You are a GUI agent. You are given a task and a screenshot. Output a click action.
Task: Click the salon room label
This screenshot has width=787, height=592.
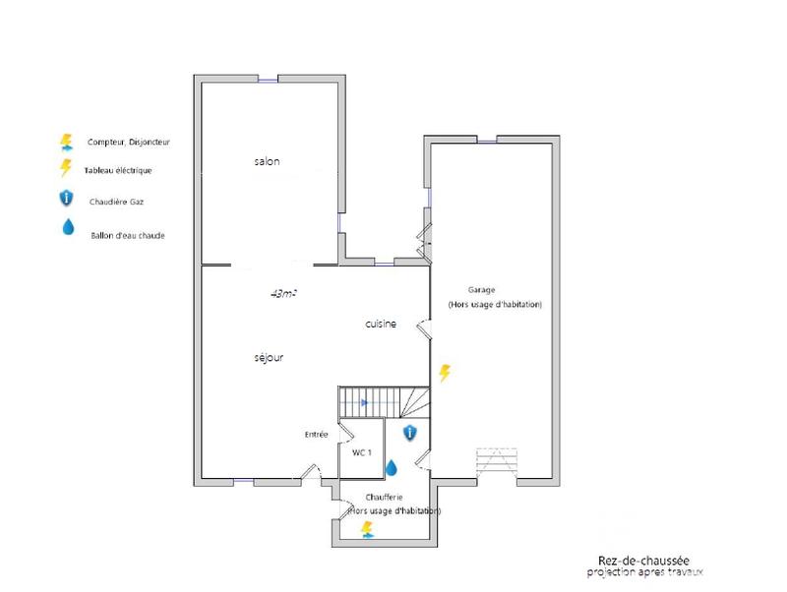tap(267, 161)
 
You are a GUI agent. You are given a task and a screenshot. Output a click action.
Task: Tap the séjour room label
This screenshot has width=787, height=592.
tap(269, 358)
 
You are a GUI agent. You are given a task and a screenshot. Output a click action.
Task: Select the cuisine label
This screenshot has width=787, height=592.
tap(381, 324)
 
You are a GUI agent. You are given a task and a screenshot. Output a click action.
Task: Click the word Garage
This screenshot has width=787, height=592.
tap(482, 290)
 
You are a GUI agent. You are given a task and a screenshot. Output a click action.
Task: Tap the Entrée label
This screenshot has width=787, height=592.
tap(317, 434)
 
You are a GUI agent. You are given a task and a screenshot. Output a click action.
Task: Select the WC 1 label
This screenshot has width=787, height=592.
tap(361, 452)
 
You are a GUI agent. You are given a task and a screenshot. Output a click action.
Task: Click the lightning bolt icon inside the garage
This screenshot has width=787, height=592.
tap(445, 373)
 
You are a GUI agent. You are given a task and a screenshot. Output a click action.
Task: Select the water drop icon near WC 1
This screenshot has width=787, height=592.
tap(391, 467)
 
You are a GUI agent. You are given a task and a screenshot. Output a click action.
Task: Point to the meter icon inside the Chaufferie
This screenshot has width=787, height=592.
tap(368, 530)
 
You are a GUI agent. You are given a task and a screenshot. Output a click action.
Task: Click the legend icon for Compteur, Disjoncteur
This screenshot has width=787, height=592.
tap(67, 142)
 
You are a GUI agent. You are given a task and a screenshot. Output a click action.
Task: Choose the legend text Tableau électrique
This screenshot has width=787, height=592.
tap(119, 170)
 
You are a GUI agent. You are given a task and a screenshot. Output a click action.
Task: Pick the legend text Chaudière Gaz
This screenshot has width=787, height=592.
tap(117, 201)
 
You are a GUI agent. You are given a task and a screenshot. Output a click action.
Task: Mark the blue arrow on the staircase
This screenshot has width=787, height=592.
tap(364, 402)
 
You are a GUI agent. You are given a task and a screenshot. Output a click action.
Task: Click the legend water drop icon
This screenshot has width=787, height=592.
tap(67, 228)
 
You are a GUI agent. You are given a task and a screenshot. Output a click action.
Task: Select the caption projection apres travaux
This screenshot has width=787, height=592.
tap(645, 572)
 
